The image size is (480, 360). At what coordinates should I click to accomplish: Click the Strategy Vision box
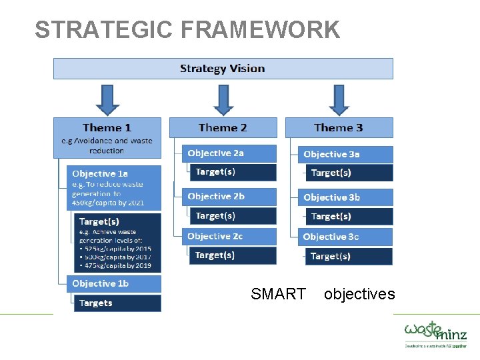click(x=223, y=69)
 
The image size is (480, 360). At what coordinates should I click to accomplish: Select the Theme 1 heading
click(x=107, y=127)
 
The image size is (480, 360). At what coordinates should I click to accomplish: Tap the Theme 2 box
click(x=223, y=127)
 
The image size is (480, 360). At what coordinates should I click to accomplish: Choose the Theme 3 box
click(x=339, y=127)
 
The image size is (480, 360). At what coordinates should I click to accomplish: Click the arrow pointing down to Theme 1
click(x=107, y=99)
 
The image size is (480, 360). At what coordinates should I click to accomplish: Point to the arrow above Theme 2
click(x=223, y=99)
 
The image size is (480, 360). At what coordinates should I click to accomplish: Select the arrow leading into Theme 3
click(x=339, y=99)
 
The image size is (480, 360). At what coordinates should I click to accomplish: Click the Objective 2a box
click(x=229, y=153)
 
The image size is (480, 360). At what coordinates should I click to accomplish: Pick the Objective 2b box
click(x=229, y=197)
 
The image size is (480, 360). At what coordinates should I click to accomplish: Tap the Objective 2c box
click(x=229, y=237)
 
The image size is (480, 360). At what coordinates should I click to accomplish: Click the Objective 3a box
click(x=345, y=154)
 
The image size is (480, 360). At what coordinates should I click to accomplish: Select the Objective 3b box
click(x=345, y=197)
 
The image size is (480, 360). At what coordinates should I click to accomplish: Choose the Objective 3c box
click(x=345, y=237)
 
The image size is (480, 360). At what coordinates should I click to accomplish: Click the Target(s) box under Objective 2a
click(x=233, y=172)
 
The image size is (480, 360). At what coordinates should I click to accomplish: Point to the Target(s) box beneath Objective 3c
click(x=349, y=256)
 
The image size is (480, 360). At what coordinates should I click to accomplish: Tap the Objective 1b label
click(x=113, y=283)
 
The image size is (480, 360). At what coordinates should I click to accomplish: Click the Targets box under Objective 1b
click(x=117, y=303)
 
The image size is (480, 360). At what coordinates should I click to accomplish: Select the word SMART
click(x=278, y=294)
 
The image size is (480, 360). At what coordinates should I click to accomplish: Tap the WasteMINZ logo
click(x=435, y=333)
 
